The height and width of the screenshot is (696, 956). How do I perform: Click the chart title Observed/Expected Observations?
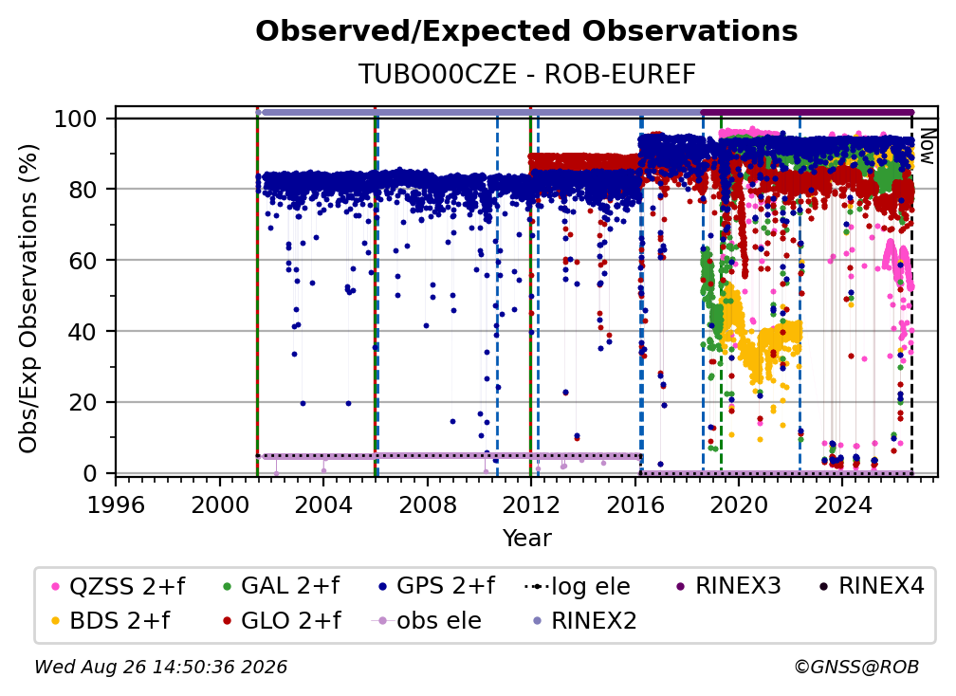point(526,31)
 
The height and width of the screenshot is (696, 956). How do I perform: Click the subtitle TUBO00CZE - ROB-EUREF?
point(526,74)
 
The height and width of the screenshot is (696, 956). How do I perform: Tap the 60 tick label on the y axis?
point(83,261)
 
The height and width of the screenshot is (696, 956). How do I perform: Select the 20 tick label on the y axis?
point(83,403)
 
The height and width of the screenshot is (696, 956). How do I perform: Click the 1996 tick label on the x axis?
point(116,505)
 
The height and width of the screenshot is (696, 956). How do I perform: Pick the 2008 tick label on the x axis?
point(428,505)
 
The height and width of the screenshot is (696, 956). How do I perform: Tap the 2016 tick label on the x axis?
point(634,505)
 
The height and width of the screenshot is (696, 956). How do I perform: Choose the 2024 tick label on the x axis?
point(842,505)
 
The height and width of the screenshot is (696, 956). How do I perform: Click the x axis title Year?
point(526,539)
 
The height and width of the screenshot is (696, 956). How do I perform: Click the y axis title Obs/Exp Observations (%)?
point(28,299)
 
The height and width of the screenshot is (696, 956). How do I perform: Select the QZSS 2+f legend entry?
point(119,586)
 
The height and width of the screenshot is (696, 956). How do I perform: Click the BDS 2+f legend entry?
point(111,620)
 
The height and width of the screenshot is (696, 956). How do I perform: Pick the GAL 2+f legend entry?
point(281,586)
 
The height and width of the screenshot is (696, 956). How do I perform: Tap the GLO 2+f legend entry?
point(283,620)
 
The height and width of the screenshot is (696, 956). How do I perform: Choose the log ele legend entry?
point(578,586)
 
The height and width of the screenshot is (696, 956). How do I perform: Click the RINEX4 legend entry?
point(872,586)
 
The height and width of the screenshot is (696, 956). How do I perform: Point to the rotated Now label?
point(927,146)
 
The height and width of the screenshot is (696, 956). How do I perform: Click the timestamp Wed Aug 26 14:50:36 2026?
point(160,667)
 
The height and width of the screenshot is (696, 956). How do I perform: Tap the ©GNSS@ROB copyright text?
point(856,667)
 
